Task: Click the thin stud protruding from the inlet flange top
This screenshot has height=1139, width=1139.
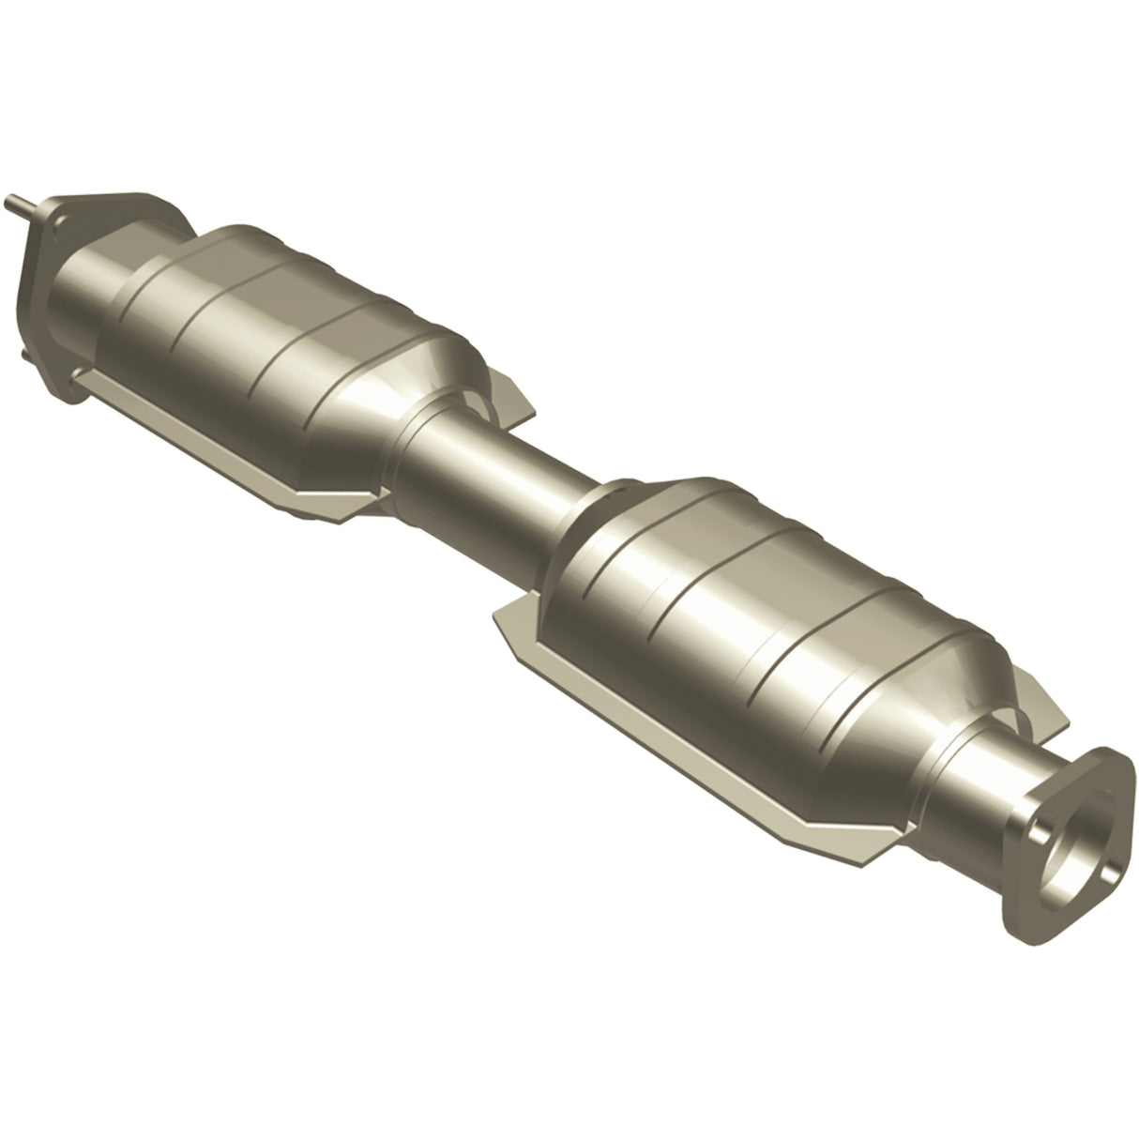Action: point(20,201)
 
